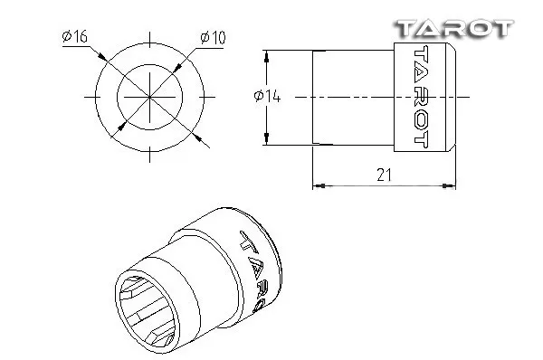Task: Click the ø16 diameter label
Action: (74, 36)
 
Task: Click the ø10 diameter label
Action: (213, 38)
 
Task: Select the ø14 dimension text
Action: (267, 96)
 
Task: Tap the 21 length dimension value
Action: (384, 175)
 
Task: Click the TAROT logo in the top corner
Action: (454, 28)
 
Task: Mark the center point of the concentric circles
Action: (149, 97)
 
